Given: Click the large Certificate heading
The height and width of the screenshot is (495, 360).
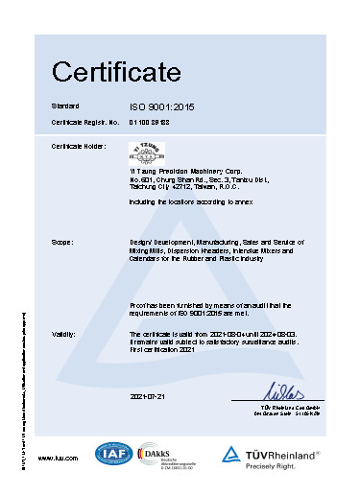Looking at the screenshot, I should [116, 70].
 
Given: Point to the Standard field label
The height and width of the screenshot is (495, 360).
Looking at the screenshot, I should [64, 105].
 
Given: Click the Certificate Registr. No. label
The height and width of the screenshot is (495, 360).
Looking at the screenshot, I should [85, 122].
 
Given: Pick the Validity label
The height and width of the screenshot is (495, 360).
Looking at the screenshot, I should [64, 333].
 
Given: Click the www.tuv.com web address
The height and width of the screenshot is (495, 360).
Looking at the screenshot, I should [57, 459].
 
